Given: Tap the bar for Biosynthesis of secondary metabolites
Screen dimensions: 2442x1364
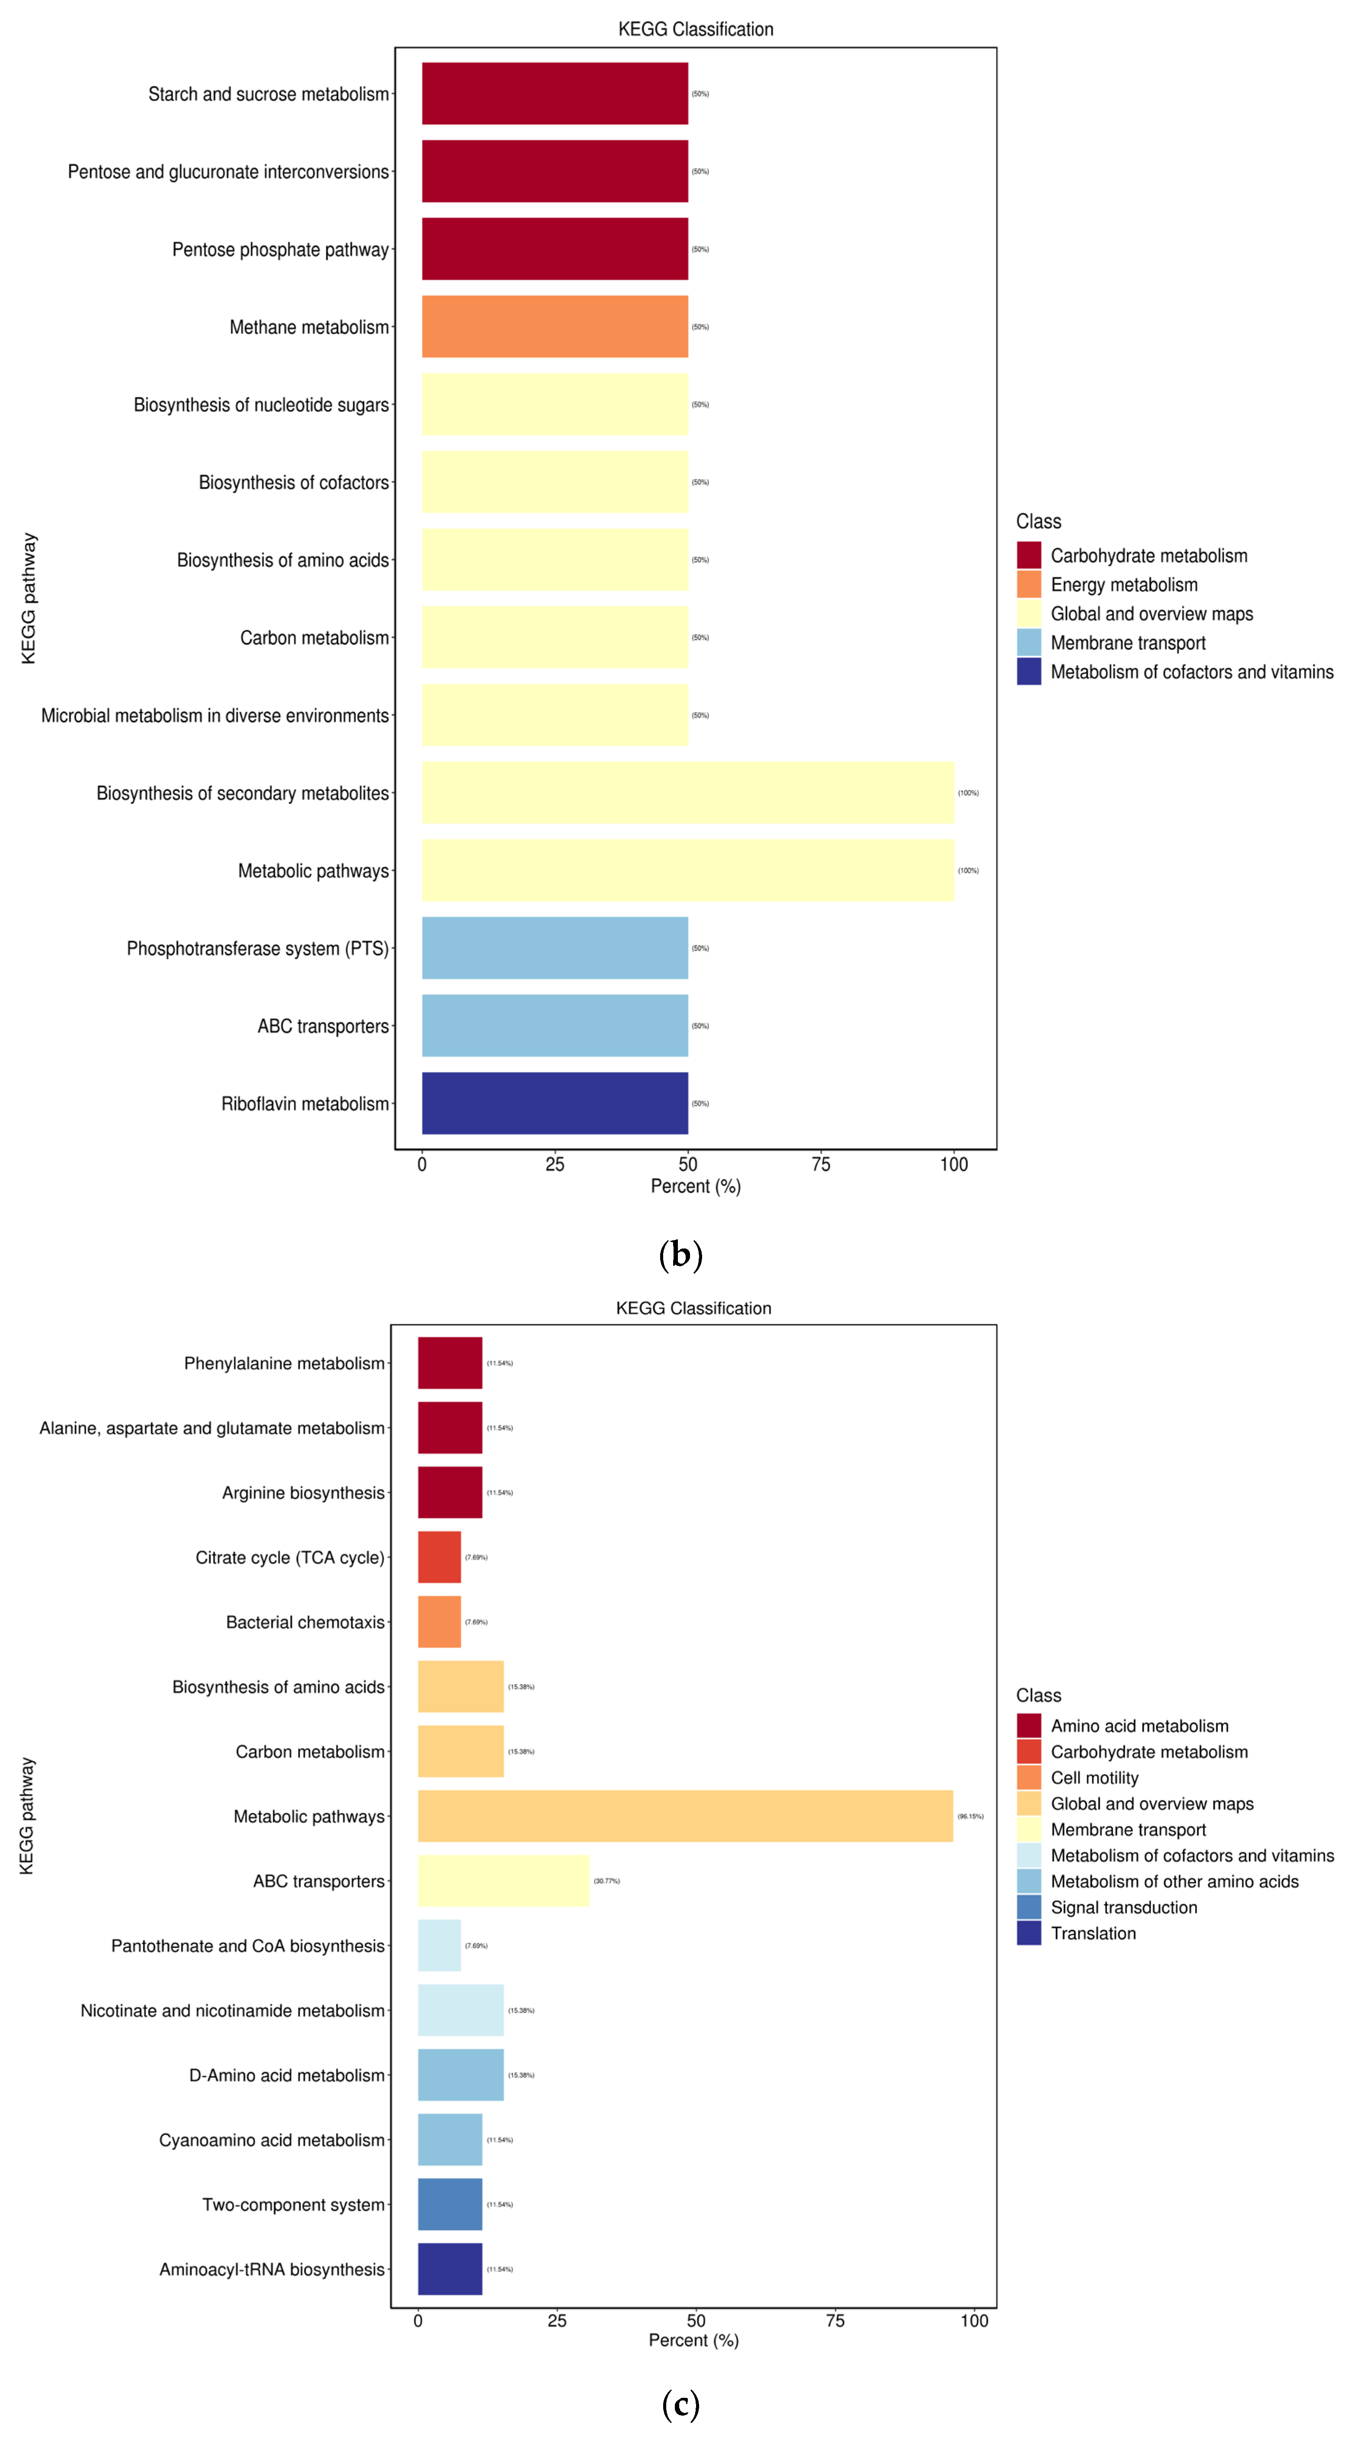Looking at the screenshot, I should tap(687, 793).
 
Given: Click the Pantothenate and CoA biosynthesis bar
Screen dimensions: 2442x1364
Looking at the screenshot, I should tap(439, 1945).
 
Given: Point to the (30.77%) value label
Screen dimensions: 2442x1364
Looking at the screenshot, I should tap(606, 1881).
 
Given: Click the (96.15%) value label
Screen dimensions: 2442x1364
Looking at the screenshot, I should tap(970, 1816).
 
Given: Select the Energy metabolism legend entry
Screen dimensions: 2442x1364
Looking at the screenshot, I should tap(1123, 585).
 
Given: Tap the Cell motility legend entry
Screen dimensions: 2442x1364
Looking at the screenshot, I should tap(1094, 1777).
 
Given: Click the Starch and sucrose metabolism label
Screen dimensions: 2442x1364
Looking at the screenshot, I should tap(268, 94).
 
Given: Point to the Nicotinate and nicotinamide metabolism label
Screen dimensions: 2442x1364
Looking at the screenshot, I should tap(232, 2011).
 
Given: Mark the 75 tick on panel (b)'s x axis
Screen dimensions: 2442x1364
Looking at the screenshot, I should tap(821, 1164).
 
